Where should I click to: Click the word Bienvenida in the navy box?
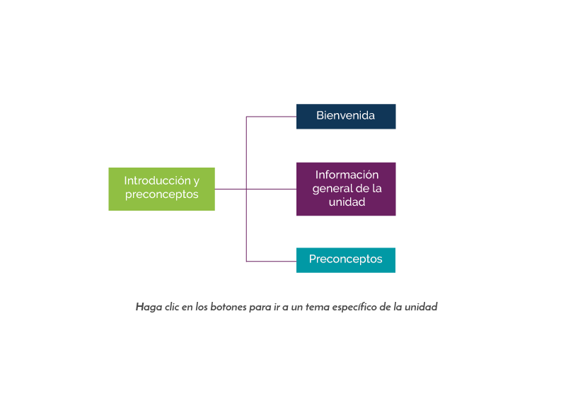[345, 116]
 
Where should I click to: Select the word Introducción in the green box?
[157, 181]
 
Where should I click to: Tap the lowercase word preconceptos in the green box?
[161, 195]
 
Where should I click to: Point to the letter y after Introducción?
[197, 182]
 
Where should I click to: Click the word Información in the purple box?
[347, 175]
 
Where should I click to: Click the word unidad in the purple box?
[347, 202]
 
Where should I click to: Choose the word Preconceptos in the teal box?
[345, 259]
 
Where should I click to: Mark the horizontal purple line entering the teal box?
[271, 262]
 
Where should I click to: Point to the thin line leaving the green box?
[230, 189]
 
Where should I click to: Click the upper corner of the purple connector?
[246, 117]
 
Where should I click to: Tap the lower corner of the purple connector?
[246, 262]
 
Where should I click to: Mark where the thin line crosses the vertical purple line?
[246, 189]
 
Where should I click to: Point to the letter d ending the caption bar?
[434, 308]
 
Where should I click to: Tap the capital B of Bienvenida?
[320, 116]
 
